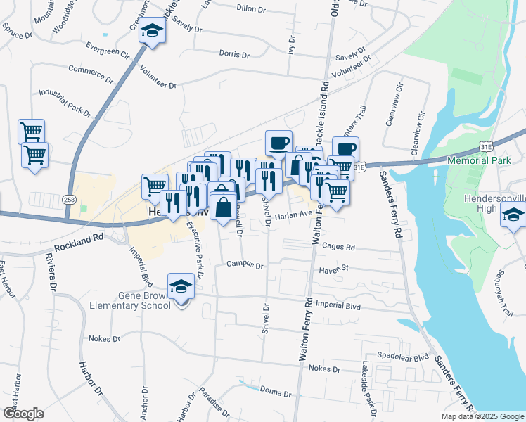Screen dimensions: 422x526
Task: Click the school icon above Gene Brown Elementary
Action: (181, 287)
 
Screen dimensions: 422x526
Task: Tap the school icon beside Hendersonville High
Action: (513, 217)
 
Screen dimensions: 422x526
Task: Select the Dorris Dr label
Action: (234, 53)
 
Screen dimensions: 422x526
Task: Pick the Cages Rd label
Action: (339, 247)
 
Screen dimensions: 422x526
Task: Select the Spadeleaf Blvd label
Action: (403, 357)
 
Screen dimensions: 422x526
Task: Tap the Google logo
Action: (23, 414)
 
